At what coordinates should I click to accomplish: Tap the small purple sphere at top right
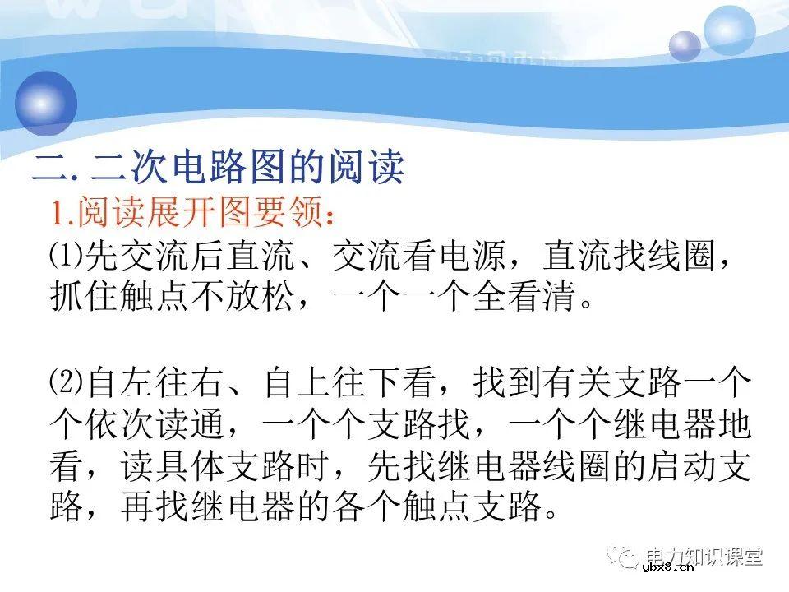click(684, 45)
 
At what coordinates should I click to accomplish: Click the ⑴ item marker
click(67, 258)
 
